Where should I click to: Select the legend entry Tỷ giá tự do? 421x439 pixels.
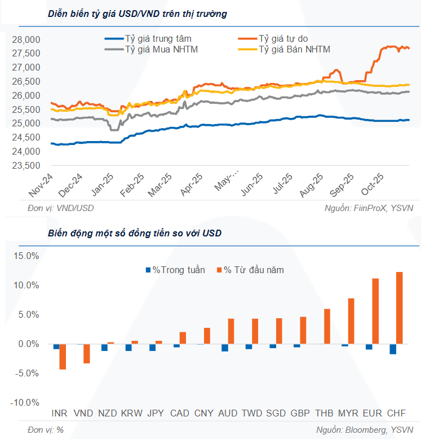click(x=283, y=38)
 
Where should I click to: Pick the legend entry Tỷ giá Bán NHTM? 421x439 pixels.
click(x=294, y=50)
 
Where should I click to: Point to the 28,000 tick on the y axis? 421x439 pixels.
click(x=26, y=39)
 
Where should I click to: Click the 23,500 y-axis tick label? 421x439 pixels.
click(x=26, y=166)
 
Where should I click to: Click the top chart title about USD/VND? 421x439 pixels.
click(x=138, y=14)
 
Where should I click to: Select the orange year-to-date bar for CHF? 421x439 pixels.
click(x=400, y=308)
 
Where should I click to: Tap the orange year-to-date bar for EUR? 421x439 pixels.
click(x=375, y=311)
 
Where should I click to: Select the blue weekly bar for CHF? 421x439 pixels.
click(x=393, y=349)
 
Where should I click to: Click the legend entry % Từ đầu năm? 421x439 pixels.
click(x=253, y=270)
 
